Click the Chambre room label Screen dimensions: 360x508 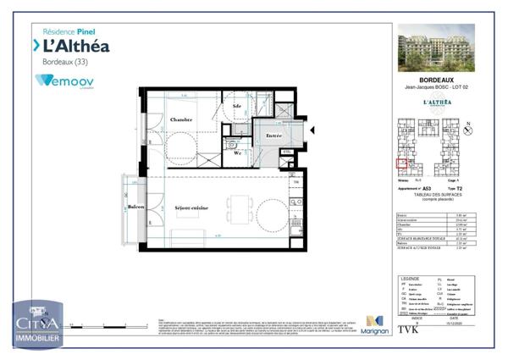coord(183,119)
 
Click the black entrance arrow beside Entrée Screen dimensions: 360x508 coord(312,130)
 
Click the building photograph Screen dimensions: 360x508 coord(436,47)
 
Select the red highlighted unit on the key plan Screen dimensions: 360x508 coord(402,163)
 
